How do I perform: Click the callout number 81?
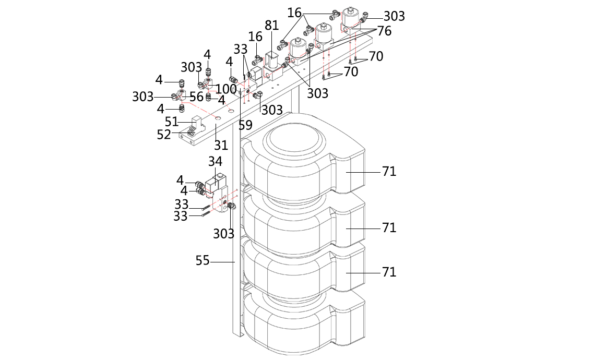(271, 25)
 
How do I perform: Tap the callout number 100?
(226, 89)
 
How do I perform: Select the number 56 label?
(196, 97)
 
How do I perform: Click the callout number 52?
(164, 134)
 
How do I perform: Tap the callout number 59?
(245, 125)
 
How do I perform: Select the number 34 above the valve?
(216, 162)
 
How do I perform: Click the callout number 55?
(203, 260)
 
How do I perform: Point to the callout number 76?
(384, 31)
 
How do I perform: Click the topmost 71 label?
(389, 171)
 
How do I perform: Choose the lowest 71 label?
(389, 272)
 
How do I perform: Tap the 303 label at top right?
(394, 16)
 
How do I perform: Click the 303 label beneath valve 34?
(223, 234)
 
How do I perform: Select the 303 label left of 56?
(142, 97)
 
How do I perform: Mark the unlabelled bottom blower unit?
(303, 323)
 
